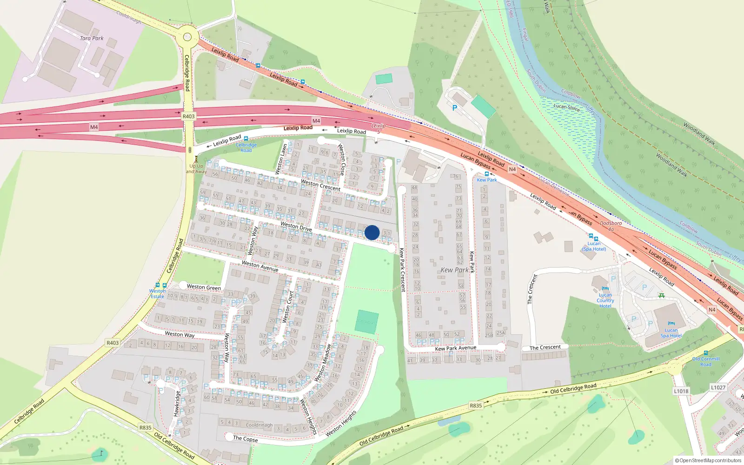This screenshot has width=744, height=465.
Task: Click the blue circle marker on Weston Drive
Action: pyautogui.click(x=372, y=232)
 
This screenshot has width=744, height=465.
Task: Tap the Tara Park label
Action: pyautogui.click(x=92, y=39)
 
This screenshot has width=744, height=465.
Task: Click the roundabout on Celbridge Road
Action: pyautogui.click(x=187, y=36)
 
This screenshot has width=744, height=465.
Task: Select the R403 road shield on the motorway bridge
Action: pyautogui.click(x=188, y=116)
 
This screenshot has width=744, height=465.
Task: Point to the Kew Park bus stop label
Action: pyautogui.click(x=486, y=180)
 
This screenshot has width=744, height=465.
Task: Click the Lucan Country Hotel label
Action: pyautogui.click(x=605, y=300)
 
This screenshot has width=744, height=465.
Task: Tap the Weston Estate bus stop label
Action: pyautogui.click(x=157, y=293)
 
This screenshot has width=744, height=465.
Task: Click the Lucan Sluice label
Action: pyautogui.click(x=566, y=107)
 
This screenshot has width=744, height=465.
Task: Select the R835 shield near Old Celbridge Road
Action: pyautogui.click(x=476, y=405)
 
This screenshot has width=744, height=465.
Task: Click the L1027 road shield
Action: pyautogui.click(x=718, y=387)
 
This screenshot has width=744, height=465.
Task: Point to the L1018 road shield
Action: pyautogui.click(x=681, y=391)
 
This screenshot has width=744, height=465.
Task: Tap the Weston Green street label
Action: pyautogui.click(x=204, y=287)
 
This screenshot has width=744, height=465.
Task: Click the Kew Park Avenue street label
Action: pyautogui.click(x=455, y=348)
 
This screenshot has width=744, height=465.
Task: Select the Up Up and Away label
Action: pyautogui.click(x=196, y=168)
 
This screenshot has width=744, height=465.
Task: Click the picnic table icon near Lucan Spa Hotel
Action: pyautogui.click(x=661, y=295)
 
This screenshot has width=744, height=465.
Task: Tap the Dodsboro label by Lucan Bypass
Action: pyautogui.click(x=611, y=224)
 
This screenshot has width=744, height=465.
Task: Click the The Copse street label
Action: pyautogui.click(x=245, y=438)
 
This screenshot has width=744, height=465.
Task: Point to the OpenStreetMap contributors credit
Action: pyautogui.click(x=710, y=460)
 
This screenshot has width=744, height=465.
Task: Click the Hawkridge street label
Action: pyautogui.click(x=176, y=403)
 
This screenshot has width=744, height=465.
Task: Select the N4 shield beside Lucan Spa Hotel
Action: pyautogui.click(x=712, y=310)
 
